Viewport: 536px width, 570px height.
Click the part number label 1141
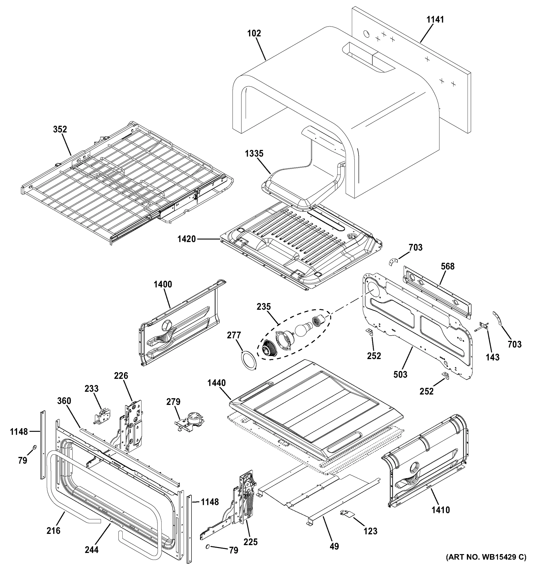pos(435,19)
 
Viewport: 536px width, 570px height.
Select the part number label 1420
pos(187,239)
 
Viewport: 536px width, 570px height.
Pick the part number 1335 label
pos(254,154)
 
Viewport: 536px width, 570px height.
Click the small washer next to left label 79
pos(34,447)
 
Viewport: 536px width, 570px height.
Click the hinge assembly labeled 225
pos(245,499)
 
